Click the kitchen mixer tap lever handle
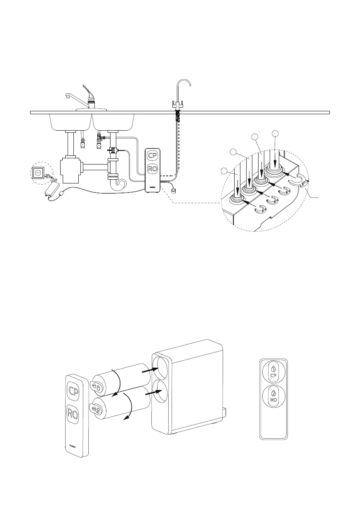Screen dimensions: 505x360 click(x=89, y=92)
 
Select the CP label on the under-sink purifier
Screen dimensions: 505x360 click(x=153, y=156)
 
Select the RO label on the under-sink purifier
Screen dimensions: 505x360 click(x=153, y=169)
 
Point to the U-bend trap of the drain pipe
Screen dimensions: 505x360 click(x=121, y=183)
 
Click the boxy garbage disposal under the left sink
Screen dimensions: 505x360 click(x=71, y=169)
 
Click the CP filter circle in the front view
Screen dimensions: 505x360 click(x=273, y=371)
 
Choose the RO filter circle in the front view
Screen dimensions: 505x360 click(x=273, y=396)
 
